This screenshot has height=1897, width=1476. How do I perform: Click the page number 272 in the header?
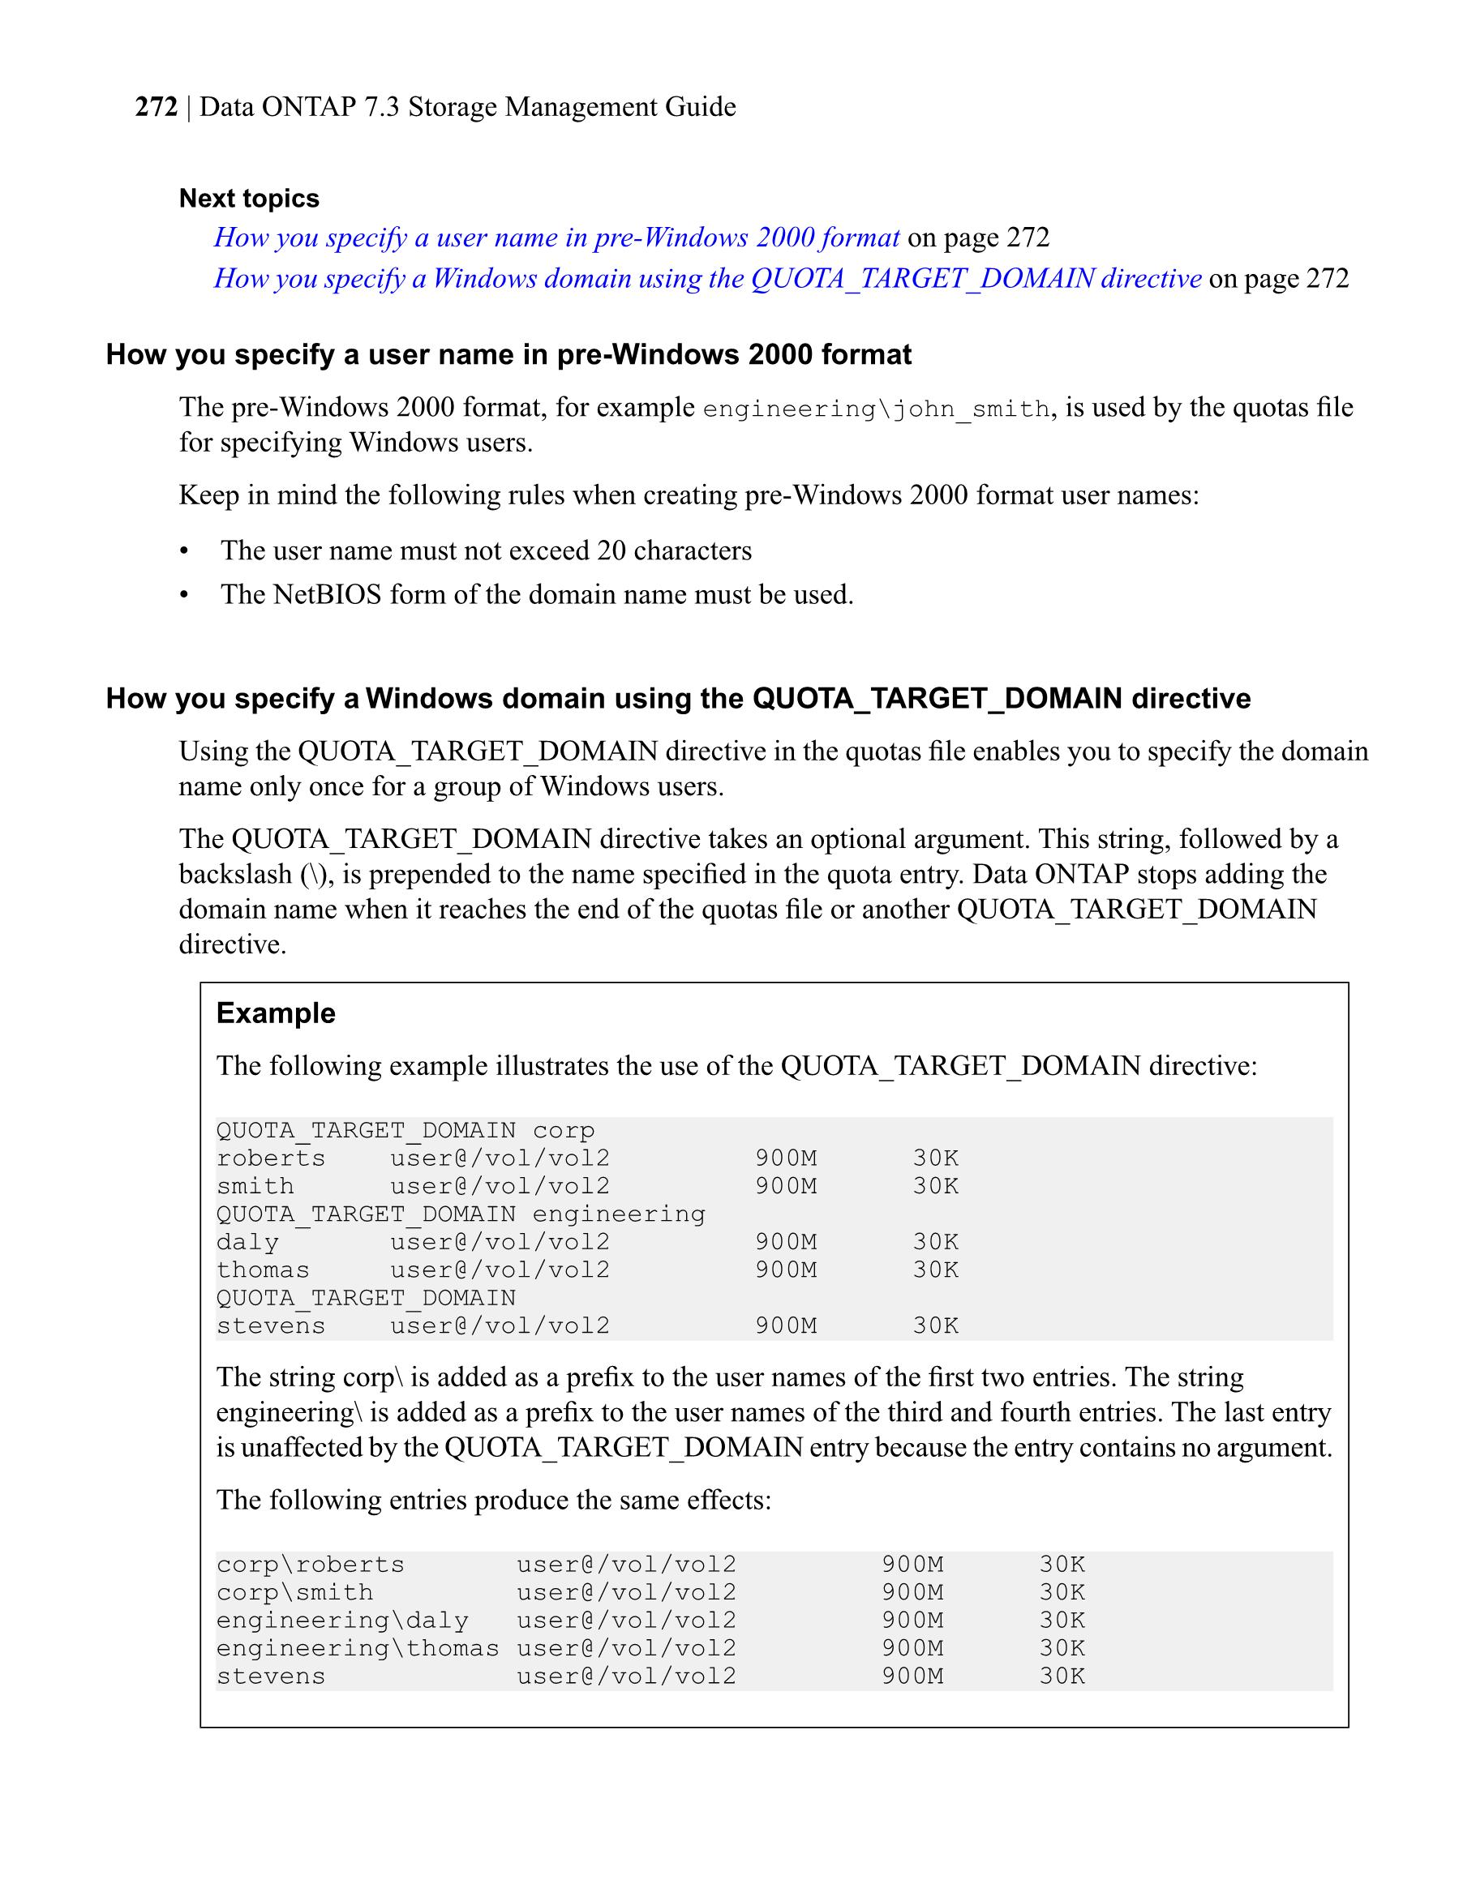point(157,107)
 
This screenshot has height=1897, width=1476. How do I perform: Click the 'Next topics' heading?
point(248,198)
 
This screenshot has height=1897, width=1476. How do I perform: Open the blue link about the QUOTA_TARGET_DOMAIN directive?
point(707,278)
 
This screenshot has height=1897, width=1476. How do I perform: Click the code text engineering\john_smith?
point(876,409)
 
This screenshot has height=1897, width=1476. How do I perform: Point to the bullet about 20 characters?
point(486,550)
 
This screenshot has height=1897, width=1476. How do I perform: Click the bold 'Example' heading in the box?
point(276,1013)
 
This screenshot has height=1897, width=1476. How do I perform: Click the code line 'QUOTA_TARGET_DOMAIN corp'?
point(405,1130)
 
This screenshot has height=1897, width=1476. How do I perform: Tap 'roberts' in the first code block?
point(271,1158)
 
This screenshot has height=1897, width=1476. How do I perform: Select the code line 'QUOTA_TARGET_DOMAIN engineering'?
point(461,1214)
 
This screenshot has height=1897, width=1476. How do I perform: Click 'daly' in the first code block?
point(247,1242)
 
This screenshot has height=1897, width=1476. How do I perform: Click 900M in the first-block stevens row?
point(785,1325)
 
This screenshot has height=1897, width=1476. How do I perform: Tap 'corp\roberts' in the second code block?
point(310,1565)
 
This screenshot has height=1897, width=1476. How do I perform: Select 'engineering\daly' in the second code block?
point(342,1620)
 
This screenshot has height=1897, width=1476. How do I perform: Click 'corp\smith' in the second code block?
point(294,1592)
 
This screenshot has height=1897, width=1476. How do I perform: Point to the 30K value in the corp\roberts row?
point(1062,1565)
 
